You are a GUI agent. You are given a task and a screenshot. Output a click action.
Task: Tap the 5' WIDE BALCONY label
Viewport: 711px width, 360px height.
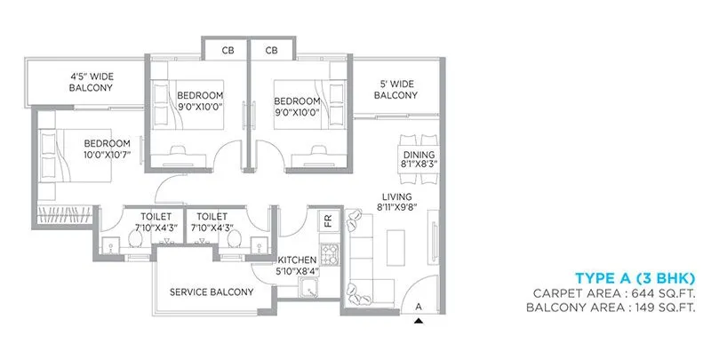[395, 89]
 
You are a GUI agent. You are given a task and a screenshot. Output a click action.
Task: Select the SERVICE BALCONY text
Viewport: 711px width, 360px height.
[212, 292]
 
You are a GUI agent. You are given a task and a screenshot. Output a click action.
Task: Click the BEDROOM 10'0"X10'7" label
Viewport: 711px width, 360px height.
[107, 149]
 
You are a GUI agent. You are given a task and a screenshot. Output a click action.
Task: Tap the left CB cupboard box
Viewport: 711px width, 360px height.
[228, 51]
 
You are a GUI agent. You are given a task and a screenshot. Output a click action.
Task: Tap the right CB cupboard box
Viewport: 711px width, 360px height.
[272, 51]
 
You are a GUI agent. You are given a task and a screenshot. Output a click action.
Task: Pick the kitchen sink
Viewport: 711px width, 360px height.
[310, 287]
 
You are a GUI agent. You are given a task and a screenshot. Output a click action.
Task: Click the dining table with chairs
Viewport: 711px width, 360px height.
[417, 137]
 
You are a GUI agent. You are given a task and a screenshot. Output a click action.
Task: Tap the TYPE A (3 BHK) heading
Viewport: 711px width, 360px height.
[635, 276]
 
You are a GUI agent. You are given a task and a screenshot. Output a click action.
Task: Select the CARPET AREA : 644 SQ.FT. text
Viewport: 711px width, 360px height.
[613, 292]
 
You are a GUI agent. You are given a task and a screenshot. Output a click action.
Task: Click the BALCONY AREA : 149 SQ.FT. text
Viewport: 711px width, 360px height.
[610, 308]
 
